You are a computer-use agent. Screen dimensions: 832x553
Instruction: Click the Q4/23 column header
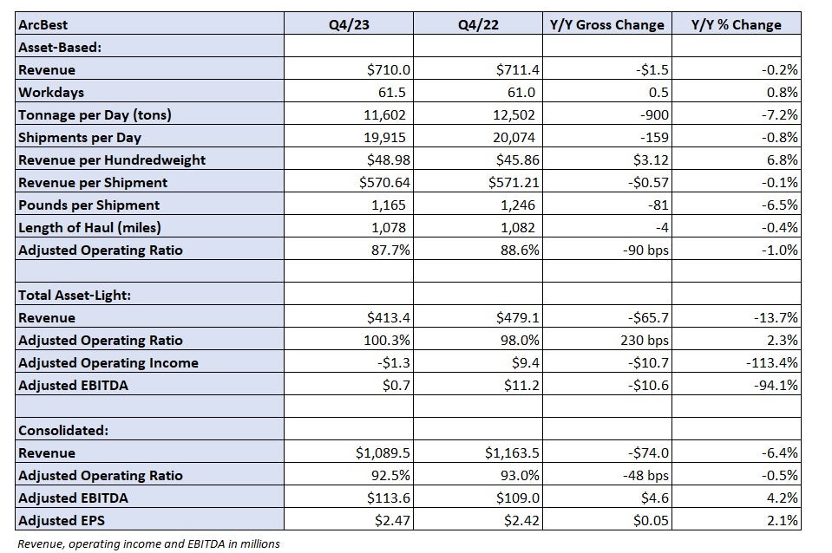(349, 25)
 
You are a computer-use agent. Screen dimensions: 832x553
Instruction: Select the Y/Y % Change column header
(736, 25)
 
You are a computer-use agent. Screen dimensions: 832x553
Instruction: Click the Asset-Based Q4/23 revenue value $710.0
(389, 70)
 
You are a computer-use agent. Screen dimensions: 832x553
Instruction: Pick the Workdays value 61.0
(521, 92)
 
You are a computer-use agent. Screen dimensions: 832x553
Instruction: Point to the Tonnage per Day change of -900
(654, 115)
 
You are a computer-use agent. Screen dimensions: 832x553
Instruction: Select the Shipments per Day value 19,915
(384, 138)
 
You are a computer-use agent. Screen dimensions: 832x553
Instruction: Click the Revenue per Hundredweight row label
(112, 160)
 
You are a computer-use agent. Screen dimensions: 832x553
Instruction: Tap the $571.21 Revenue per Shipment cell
(513, 183)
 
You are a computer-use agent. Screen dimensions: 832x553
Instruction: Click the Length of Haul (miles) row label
(89, 228)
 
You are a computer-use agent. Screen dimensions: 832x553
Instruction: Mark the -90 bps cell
(645, 250)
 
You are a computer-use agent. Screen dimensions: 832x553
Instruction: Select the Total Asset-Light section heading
(75, 296)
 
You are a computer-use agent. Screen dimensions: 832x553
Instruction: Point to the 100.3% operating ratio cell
(386, 341)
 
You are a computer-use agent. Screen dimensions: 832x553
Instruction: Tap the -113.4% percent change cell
(771, 363)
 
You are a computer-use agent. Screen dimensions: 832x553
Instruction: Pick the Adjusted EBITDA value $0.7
(396, 386)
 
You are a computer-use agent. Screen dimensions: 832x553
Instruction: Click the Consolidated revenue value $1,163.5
(512, 453)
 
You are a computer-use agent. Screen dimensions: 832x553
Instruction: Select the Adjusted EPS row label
(62, 521)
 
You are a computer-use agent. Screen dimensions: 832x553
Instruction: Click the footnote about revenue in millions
(148, 544)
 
